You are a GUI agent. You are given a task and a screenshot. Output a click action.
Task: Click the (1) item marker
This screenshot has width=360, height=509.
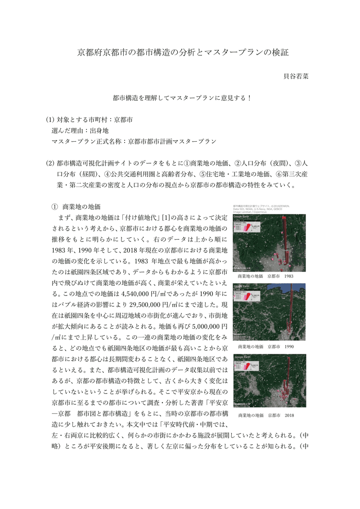[49, 120]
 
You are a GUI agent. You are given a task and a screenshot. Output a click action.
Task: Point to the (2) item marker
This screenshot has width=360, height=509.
[49, 163]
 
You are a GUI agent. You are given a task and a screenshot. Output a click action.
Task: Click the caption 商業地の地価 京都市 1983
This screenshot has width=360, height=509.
[265, 276]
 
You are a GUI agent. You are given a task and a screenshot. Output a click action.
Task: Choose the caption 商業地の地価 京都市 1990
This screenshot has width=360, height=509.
[265, 347]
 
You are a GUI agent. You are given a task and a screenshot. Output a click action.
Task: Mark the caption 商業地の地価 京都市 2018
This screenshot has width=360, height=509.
[265, 415]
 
